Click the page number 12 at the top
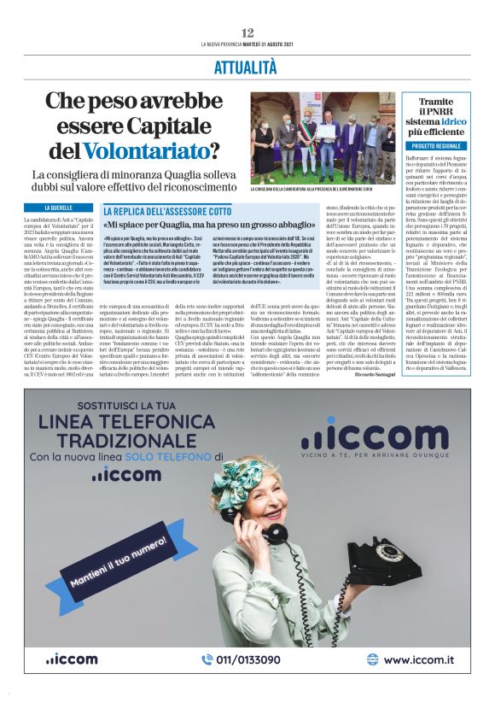[247, 32]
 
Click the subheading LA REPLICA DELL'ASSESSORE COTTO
[167, 210]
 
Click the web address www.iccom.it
[417, 659]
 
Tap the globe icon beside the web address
[371, 659]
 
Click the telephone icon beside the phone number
[207, 659]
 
